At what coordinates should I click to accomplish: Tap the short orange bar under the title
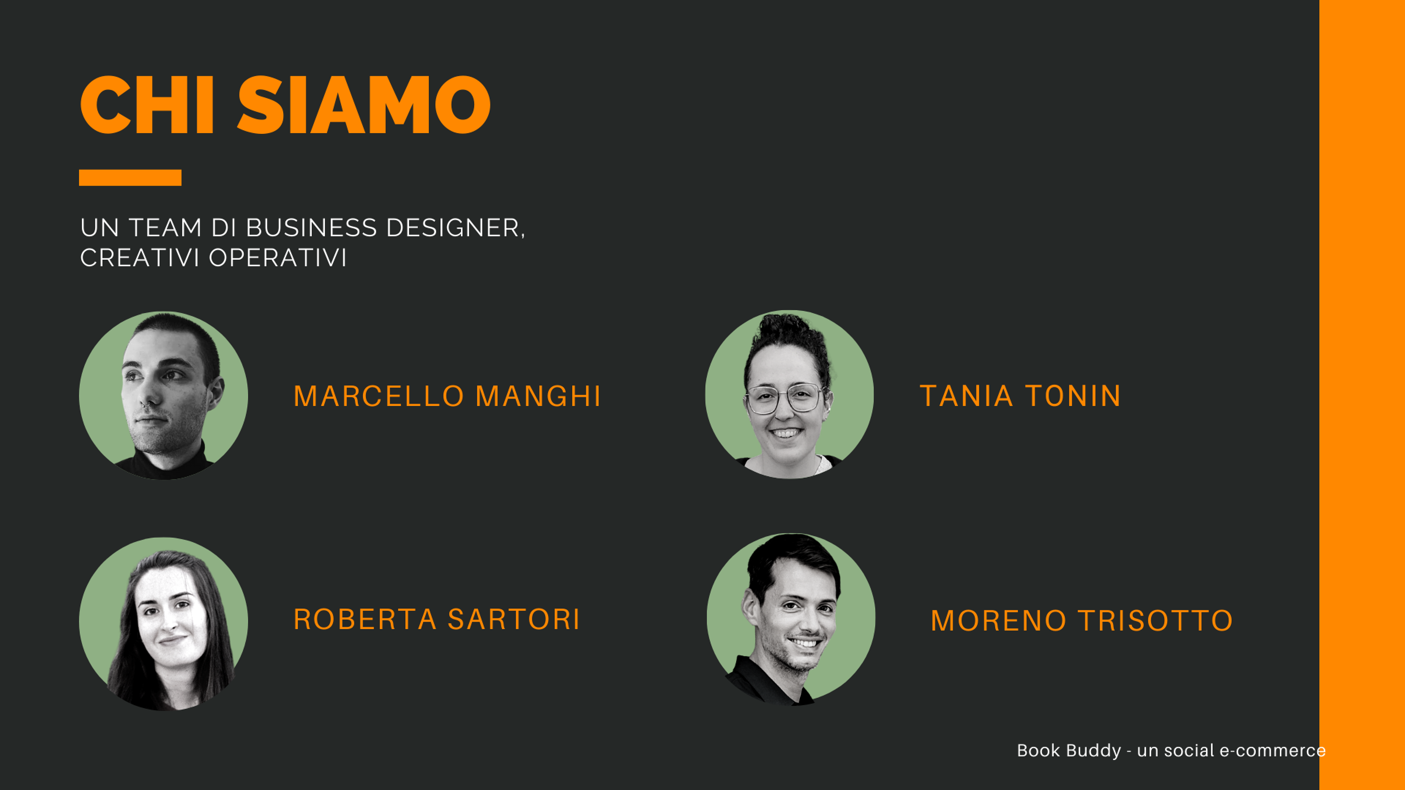[130, 178]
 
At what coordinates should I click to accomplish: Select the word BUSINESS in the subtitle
[311, 228]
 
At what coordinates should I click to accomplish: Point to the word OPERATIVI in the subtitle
[278, 258]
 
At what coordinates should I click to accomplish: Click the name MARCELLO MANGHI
[447, 396]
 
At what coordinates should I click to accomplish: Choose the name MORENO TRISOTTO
[1082, 621]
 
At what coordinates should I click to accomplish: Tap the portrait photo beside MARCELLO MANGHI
[164, 396]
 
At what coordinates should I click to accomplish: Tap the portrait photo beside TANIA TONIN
[789, 395]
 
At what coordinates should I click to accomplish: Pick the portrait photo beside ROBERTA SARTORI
[164, 624]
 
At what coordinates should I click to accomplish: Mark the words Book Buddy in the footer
[1069, 751]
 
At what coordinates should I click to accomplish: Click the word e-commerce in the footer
[1273, 751]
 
